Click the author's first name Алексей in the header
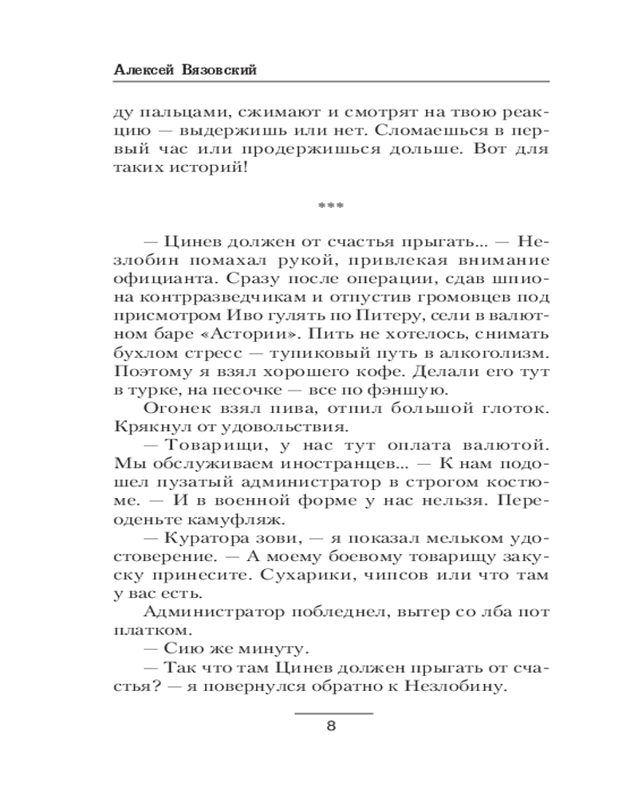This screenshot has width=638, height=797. [x=140, y=70]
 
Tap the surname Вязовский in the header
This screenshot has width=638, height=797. [x=219, y=70]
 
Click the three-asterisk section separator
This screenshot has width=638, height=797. [x=330, y=206]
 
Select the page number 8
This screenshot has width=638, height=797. [x=331, y=726]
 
